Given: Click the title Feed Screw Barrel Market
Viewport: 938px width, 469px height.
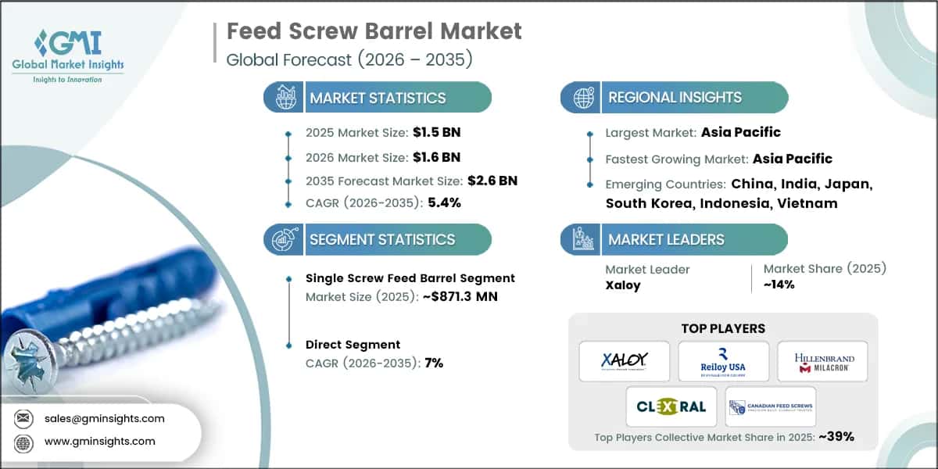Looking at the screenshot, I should click(x=374, y=32).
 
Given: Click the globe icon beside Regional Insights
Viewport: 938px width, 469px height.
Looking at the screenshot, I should click(x=582, y=98).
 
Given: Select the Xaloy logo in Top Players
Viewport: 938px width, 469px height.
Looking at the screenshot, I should click(x=624, y=361).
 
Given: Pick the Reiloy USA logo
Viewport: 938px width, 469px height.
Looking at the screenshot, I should click(x=723, y=361).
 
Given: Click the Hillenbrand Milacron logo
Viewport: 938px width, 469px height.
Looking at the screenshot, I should click(x=822, y=361).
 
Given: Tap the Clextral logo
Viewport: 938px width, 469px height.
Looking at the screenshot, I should click(x=670, y=406).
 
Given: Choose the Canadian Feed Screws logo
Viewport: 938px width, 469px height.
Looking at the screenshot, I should click(x=771, y=406).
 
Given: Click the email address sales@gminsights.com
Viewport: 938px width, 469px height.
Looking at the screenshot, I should click(x=105, y=418).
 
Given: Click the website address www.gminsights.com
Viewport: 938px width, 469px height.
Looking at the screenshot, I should click(x=100, y=441).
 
